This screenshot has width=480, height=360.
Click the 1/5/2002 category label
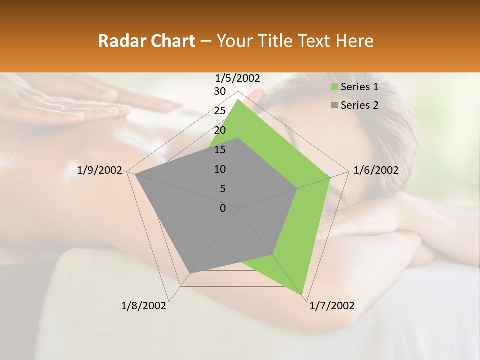pyautogui.click(x=238, y=78)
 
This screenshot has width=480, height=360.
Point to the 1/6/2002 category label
pyautogui.click(x=376, y=170)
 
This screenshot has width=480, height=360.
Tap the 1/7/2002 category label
pyautogui.click(x=332, y=306)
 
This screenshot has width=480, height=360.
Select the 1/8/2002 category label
pyautogui.click(x=144, y=306)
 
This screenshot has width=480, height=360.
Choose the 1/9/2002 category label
pyautogui.click(x=100, y=170)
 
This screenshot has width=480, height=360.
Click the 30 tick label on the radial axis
pyautogui.click(x=220, y=91)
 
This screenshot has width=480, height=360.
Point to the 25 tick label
pyautogui.click(x=220, y=111)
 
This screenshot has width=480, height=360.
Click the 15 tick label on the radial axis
pyautogui.click(x=220, y=150)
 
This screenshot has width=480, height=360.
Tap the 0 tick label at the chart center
pyautogui.click(x=223, y=208)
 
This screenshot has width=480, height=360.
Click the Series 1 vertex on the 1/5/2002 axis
pyautogui.click(x=238, y=100)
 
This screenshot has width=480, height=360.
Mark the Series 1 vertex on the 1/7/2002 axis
pyautogui.click(x=303, y=296)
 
